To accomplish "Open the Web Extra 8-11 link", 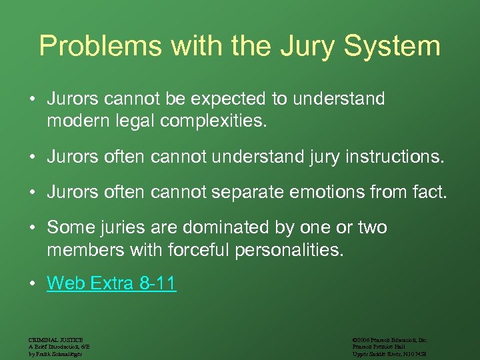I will pos(111,284).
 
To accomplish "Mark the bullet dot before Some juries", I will pos(32,228).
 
